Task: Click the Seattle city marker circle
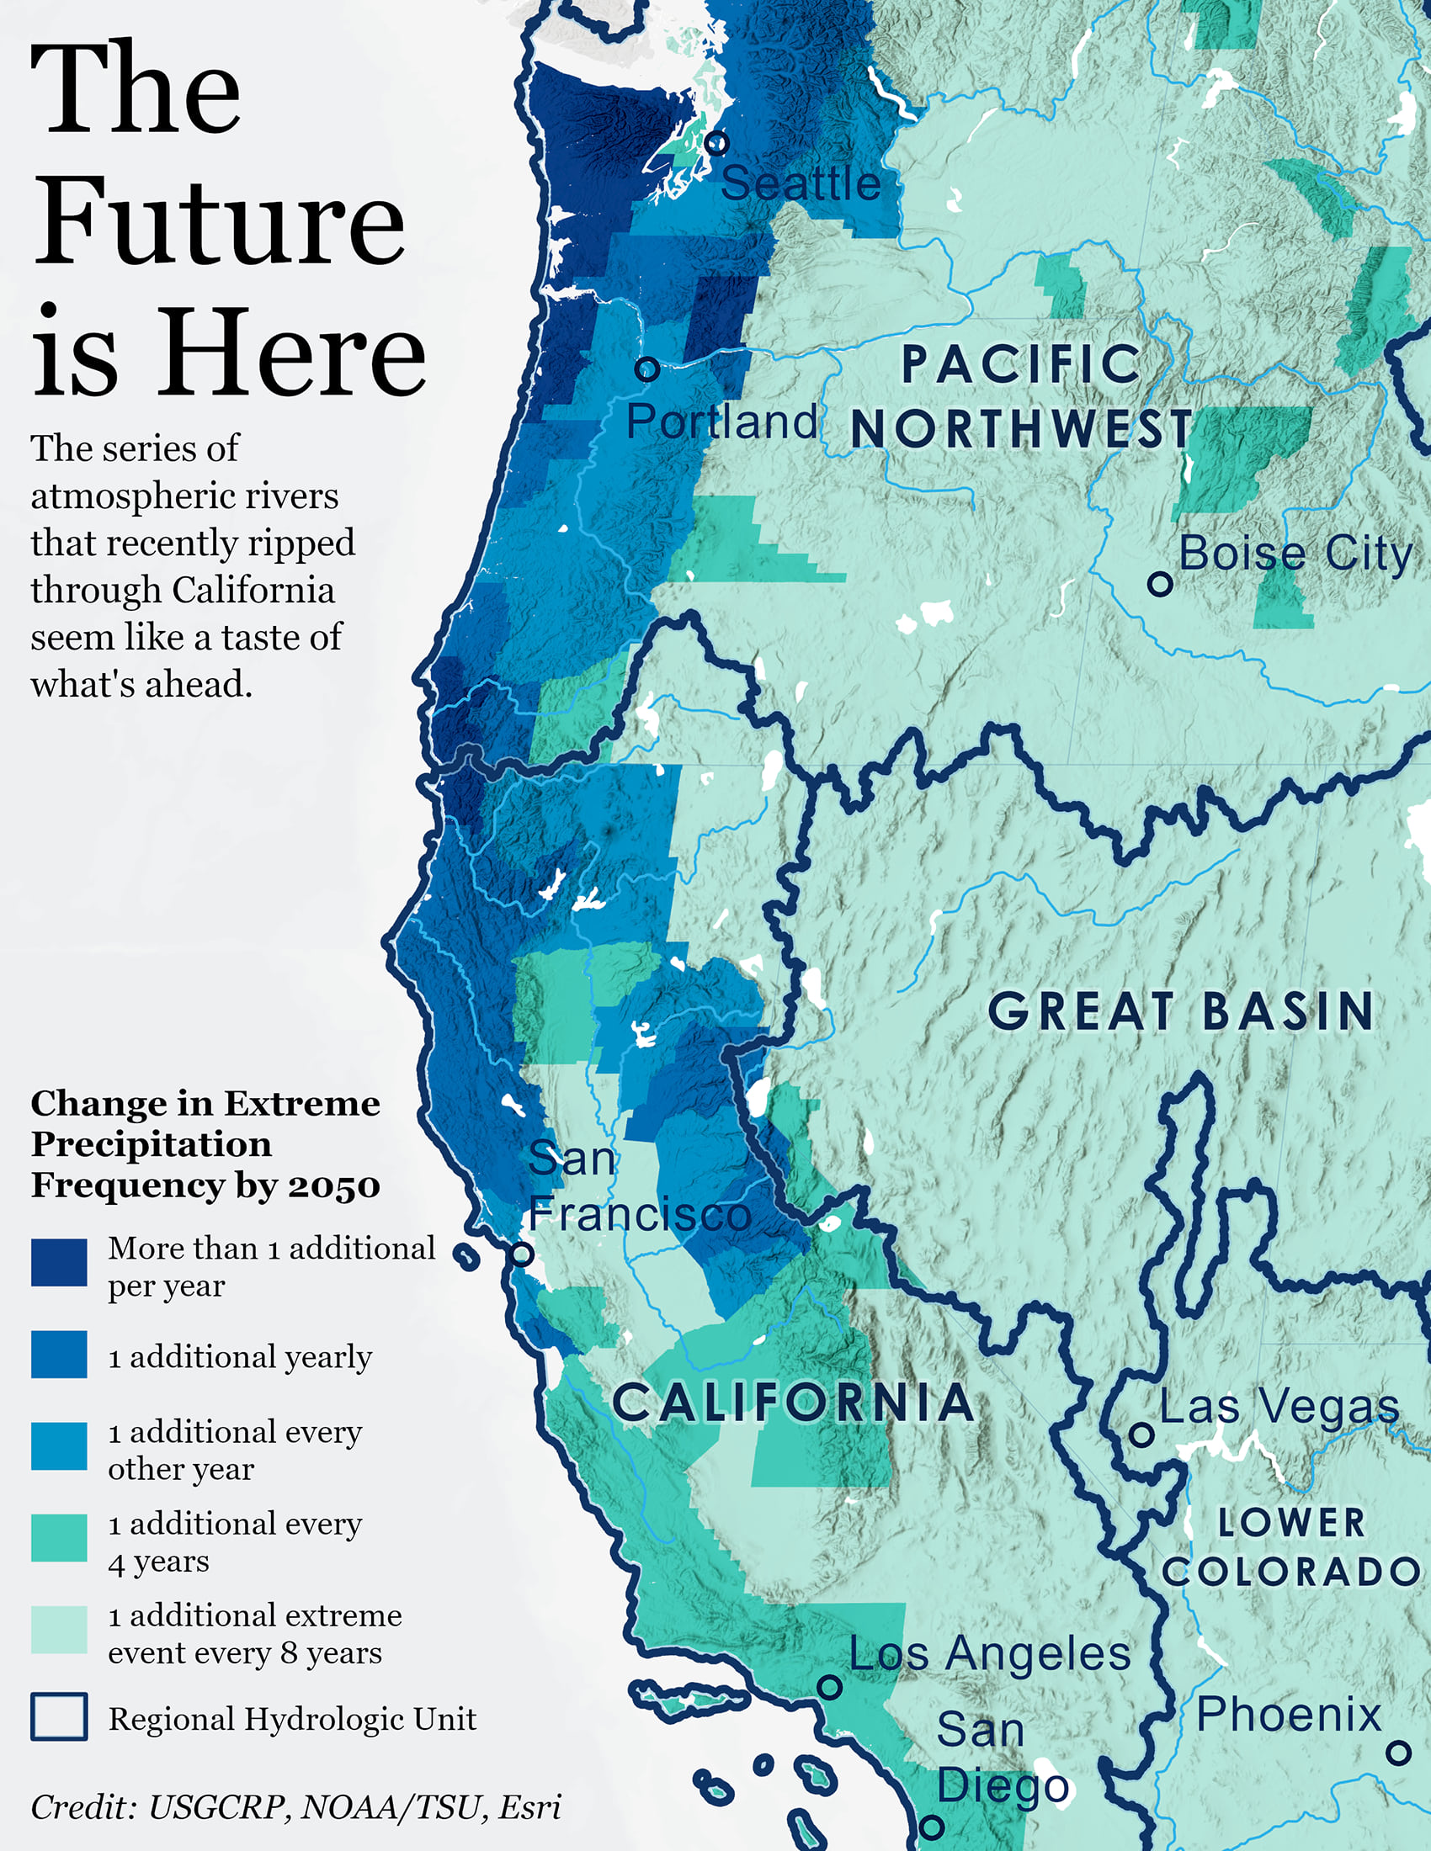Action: [716, 142]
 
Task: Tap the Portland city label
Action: [721, 422]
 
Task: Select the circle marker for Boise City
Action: [1160, 583]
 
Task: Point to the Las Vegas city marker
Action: [1141, 1434]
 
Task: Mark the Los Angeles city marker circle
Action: [829, 1686]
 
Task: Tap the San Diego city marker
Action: [932, 1827]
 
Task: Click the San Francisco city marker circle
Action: [522, 1253]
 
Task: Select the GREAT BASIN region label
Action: [1180, 1011]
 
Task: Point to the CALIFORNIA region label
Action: [793, 1402]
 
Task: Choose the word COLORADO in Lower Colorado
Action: [1290, 1573]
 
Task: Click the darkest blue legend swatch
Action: [58, 1262]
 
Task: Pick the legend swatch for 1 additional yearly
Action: [58, 1354]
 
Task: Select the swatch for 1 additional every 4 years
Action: [58, 1537]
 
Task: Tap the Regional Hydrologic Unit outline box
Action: [58, 1716]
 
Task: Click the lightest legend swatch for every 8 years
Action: [58, 1629]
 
